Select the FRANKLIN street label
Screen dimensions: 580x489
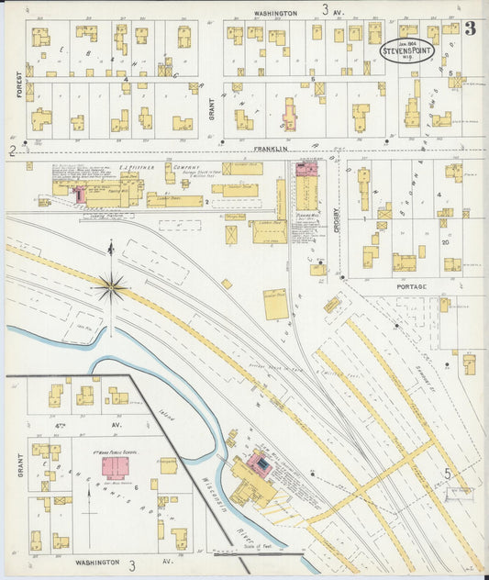272,148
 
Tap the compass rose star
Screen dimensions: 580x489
110,288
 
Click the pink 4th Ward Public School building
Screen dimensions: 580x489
115,468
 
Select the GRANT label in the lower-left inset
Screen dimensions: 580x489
18,468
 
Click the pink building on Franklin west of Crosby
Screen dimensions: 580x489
306,169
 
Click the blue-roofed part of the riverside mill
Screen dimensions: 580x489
263,467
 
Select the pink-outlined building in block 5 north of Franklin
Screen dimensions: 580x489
290,115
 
